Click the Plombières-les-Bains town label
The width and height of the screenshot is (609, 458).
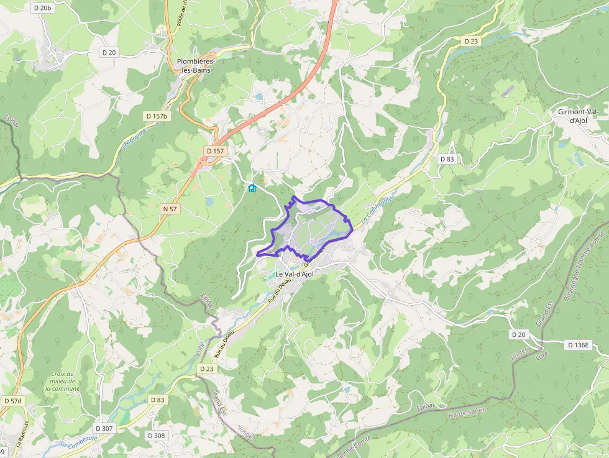196,66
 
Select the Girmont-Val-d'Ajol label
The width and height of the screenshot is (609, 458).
578,116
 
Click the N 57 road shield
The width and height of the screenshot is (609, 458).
170,209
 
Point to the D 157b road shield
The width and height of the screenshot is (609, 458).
157,116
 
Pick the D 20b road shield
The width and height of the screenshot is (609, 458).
42,8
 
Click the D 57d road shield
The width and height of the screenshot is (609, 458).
12,401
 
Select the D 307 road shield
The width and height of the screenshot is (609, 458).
104,428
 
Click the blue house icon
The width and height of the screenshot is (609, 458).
252,188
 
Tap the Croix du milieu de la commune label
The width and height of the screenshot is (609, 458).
62,381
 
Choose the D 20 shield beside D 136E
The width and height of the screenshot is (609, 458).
518,334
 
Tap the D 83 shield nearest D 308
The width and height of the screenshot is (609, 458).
157,400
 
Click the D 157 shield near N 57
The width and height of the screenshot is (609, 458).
216,151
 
